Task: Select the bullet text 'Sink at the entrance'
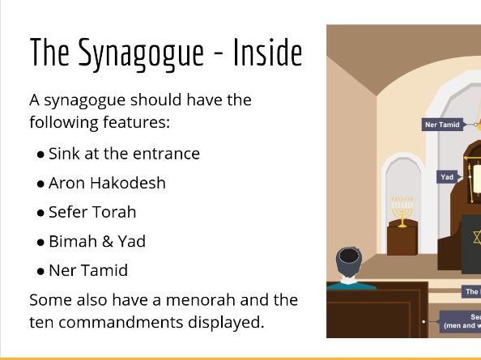click(x=124, y=154)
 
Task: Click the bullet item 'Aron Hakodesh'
click(x=107, y=183)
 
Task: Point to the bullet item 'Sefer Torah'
click(x=92, y=212)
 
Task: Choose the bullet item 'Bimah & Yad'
click(x=97, y=241)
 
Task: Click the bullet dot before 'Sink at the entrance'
click(x=40, y=155)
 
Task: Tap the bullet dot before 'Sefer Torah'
click(x=40, y=213)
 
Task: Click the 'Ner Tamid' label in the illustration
click(x=442, y=125)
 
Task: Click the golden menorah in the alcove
click(x=402, y=210)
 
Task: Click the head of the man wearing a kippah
click(x=350, y=263)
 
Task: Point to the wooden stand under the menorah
click(x=402, y=238)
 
